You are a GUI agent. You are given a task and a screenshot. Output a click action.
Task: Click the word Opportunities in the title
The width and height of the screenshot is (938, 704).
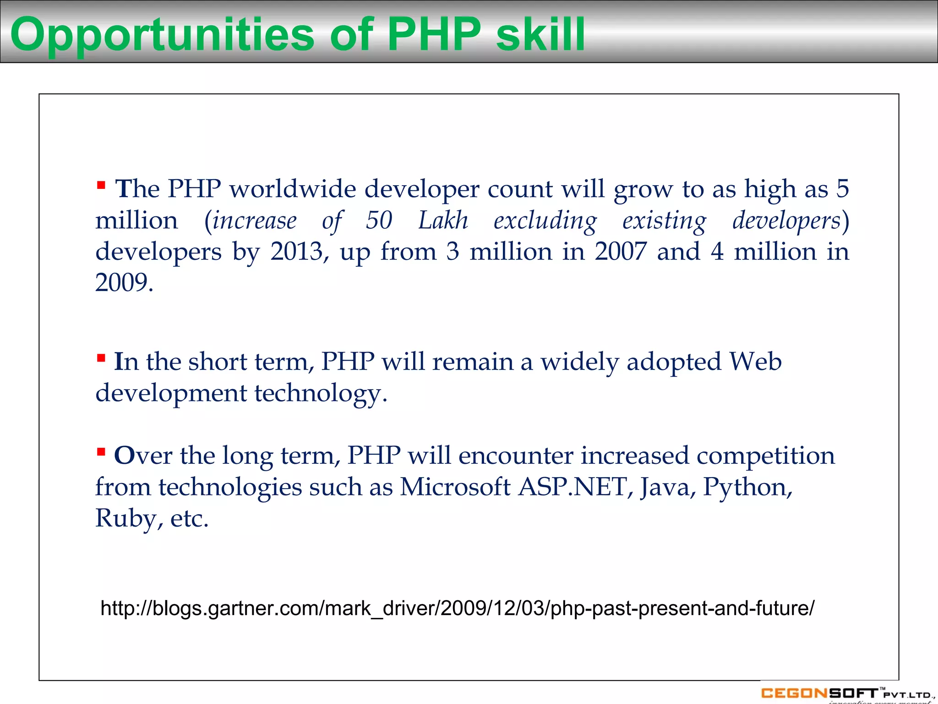[x=163, y=35]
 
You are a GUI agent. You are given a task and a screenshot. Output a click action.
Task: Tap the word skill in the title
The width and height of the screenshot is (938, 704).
[x=540, y=34]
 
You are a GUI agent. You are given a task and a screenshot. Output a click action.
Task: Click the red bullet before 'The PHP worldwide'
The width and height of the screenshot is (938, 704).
[x=101, y=186]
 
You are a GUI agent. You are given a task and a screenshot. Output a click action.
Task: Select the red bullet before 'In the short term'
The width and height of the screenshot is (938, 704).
[x=101, y=358]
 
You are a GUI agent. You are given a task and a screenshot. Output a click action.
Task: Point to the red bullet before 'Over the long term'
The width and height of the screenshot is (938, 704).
[x=101, y=452]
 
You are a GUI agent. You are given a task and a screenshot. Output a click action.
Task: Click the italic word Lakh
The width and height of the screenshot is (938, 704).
[x=443, y=220]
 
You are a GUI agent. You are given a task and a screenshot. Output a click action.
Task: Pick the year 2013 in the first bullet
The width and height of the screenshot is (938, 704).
[x=297, y=252]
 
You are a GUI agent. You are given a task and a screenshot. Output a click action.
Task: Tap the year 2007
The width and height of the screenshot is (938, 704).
[x=621, y=252]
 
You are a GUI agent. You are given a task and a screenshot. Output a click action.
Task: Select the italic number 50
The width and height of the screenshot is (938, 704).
[x=379, y=220]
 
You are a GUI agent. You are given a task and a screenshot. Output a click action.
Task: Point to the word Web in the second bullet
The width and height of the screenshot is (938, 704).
[x=755, y=362]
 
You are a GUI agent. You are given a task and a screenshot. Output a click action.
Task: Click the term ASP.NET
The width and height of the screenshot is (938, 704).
[x=572, y=487]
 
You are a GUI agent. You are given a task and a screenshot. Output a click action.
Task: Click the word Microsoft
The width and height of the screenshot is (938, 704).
[x=455, y=487]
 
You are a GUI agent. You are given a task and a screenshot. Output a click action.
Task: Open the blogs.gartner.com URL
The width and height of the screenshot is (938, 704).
[x=457, y=609]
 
